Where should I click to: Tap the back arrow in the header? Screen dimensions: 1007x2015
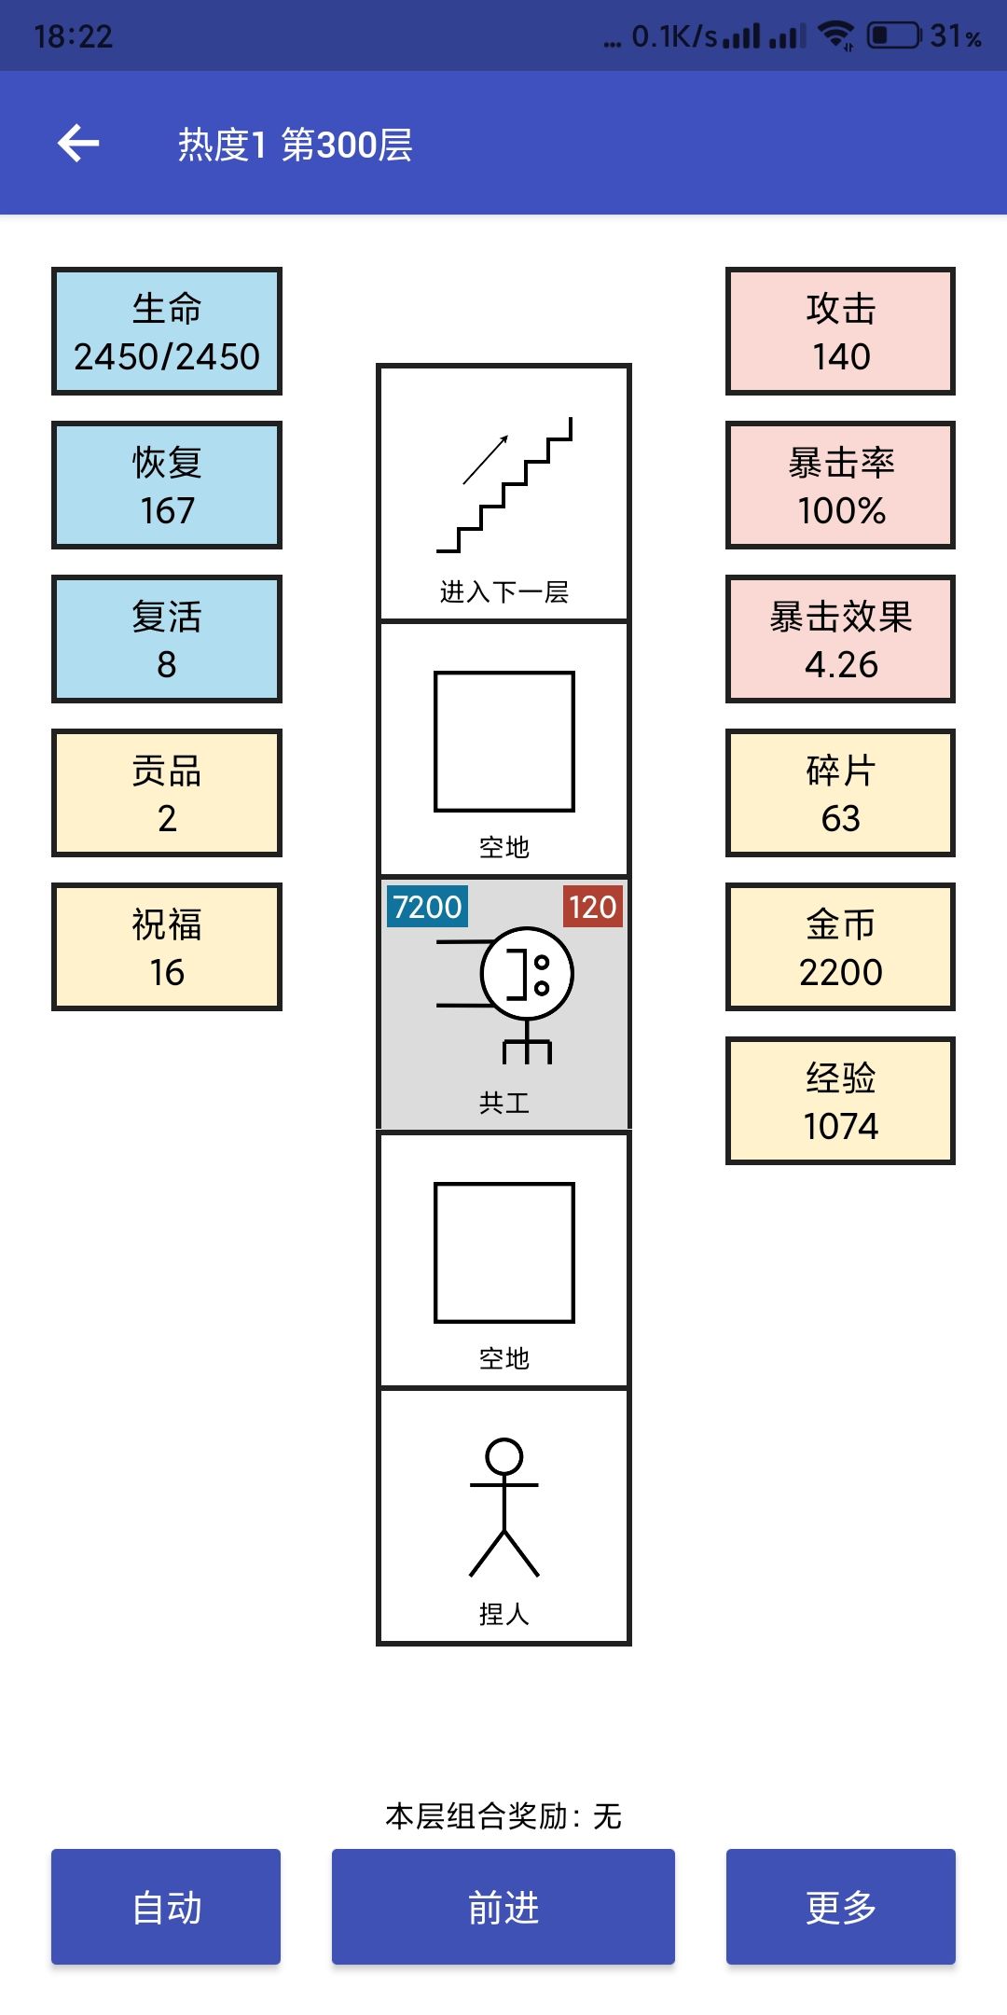(78, 144)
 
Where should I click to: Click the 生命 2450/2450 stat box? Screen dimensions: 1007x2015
(167, 331)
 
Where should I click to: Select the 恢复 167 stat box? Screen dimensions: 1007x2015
(167, 485)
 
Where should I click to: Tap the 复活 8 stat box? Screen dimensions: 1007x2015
(167, 639)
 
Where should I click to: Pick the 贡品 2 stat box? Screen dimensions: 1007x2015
(167, 793)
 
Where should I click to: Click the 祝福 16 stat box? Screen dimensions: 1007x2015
(167, 947)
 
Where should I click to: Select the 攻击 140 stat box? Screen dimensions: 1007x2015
(841, 331)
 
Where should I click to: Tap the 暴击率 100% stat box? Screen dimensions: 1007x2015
(841, 485)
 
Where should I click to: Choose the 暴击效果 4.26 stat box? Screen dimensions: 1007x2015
(841, 639)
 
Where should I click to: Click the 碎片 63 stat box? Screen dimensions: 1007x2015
(841, 793)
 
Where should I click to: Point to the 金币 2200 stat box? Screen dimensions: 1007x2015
(841, 947)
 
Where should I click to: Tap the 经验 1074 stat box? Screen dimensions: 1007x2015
(841, 1101)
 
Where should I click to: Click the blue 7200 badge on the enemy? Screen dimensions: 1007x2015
(427, 906)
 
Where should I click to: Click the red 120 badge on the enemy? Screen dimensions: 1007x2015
(592, 906)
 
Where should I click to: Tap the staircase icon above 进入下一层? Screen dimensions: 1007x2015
(504, 485)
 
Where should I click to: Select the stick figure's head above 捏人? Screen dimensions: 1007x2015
(504, 1456)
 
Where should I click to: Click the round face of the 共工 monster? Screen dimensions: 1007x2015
(527, 973)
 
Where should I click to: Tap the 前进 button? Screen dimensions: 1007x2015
(504, 1907)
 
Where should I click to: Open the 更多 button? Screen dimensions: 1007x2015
(841, 1907)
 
